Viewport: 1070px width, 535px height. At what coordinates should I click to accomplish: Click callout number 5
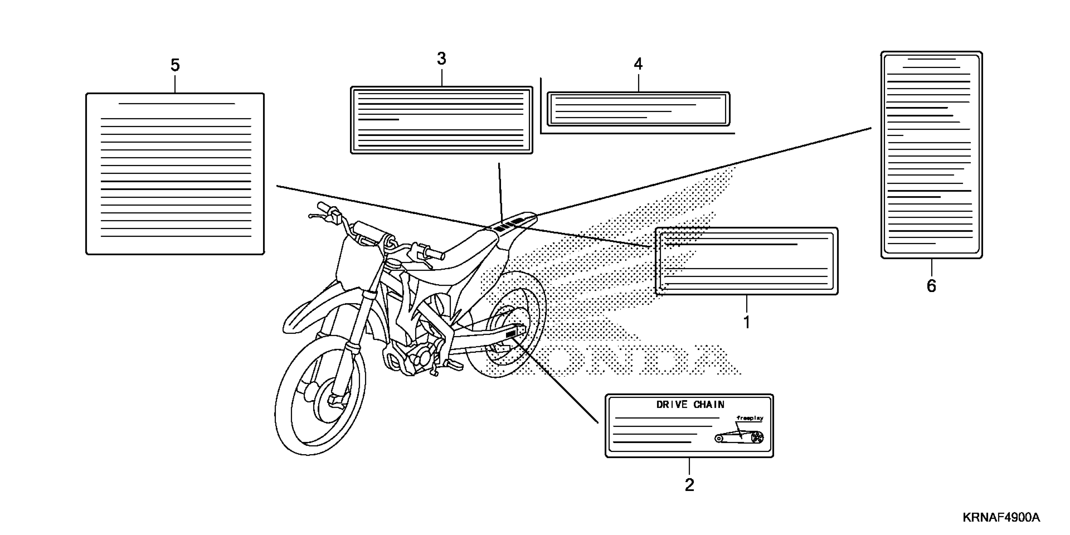coord(175,65)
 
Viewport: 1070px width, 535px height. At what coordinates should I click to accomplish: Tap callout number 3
coord(441,59)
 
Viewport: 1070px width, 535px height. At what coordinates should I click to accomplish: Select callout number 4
coord(638,64)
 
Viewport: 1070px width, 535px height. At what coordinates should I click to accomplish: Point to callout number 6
coord(931,286)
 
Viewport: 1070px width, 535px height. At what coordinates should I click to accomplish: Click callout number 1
coord(746,322)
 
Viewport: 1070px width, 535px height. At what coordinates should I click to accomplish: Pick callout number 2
coord(689,485)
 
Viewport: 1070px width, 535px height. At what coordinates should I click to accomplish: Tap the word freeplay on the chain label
coord(750,418)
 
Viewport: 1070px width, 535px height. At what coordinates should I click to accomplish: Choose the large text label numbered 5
coord(175,174)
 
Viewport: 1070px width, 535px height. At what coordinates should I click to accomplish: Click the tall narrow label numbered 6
coord(931,155)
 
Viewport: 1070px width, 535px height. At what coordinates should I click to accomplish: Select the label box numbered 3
coord(441,120)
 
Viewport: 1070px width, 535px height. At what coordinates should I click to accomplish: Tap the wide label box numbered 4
coord(638,109)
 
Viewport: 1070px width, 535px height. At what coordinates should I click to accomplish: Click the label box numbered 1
coord(746,261)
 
